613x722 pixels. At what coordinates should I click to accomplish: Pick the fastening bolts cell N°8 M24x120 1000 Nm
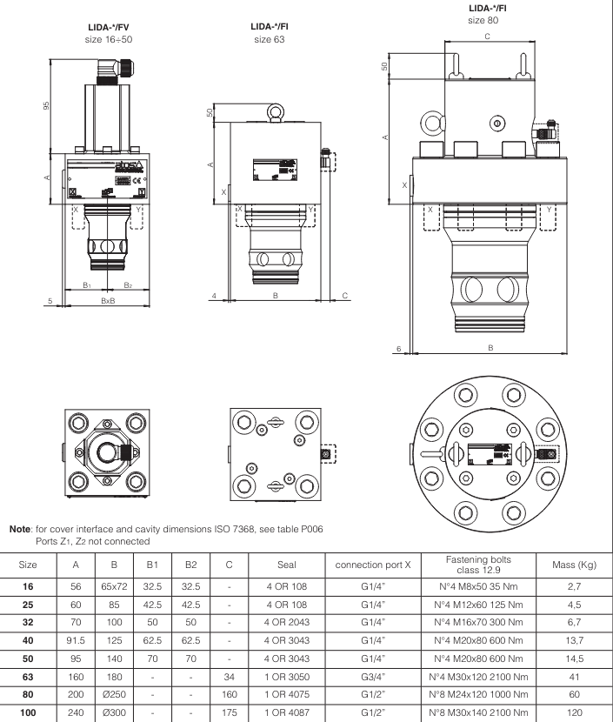point(481,692)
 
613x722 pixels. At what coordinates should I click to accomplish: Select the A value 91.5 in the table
point(75,638)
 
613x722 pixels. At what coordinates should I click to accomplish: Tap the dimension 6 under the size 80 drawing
point(398,348)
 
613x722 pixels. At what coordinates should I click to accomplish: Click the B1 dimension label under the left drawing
point(86,284)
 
